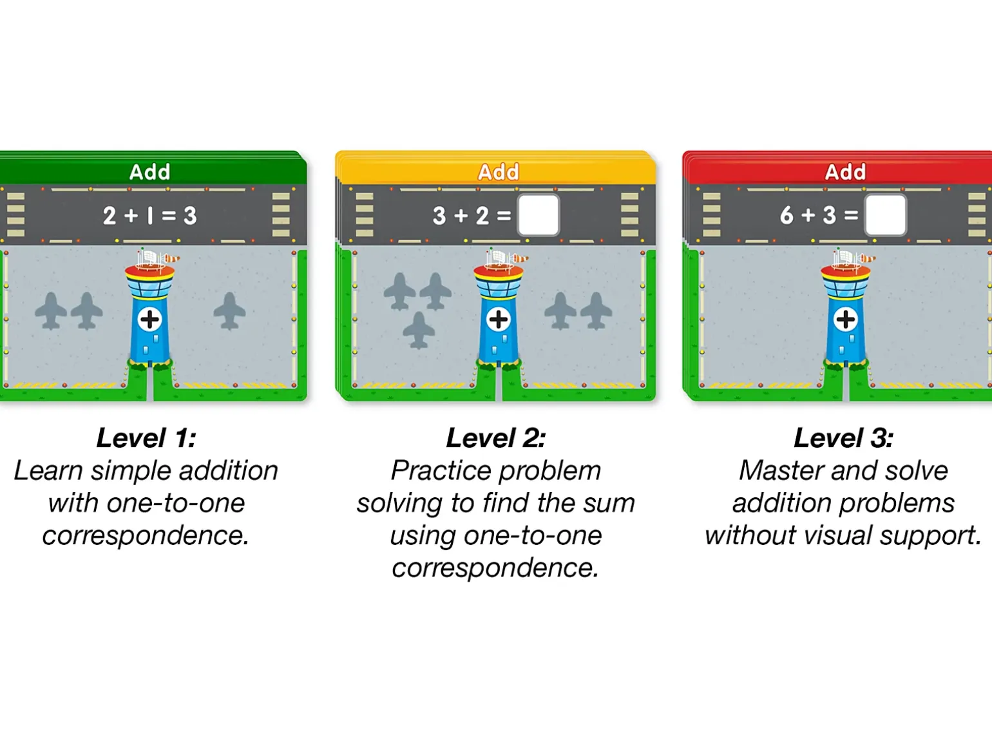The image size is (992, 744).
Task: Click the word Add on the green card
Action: [x=149, y=171]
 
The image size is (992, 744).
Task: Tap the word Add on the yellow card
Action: [x=499, y=171]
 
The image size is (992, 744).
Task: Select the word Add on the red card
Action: [x=846, y=171]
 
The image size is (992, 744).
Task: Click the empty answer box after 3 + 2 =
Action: [x=539, y=215]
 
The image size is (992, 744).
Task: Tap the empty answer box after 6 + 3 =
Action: [x=885, y=215]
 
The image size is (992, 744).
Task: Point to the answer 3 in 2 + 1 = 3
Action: [x=190, y=216]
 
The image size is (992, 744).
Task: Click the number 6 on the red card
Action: [x=787, y=215]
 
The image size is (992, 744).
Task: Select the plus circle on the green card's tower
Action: [x=149, y=320]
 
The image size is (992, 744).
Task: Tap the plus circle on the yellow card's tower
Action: [x=499, y=320]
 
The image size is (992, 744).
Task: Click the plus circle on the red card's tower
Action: [x=846, y=320]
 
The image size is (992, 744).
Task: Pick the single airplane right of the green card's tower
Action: [x=229, y=310]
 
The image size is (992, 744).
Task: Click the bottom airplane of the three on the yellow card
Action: [x=419, y=330]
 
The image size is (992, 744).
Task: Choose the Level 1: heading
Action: [x=146, y=438]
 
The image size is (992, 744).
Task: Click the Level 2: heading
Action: [x=496, y=438]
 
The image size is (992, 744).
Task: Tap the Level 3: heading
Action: [x=843, y=438]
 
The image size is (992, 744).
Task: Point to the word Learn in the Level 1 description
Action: [x=48, y=470]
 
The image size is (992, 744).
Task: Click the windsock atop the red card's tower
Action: [x=868, y=258]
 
